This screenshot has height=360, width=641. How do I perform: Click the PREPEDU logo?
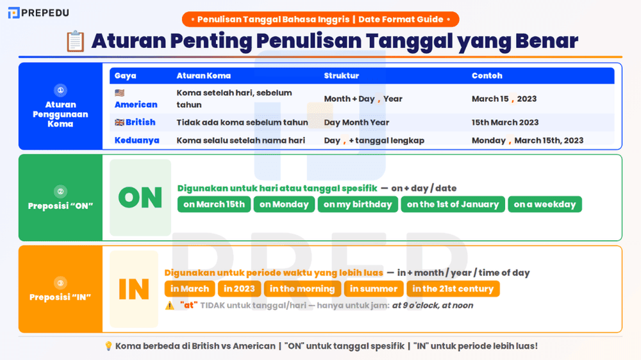point(38,12)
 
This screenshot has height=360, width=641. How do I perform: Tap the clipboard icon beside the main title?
point(75,42)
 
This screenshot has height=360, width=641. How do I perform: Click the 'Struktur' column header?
point(341,76)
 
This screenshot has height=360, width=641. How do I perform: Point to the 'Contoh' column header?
point(487,76)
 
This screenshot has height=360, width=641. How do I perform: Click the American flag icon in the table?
point(119,93)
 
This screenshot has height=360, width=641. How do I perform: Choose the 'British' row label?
point(135,122)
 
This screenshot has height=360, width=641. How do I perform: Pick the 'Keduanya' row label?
point(137,140)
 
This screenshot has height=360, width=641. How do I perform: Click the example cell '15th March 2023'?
point(505,122)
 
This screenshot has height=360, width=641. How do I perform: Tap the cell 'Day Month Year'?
point(356,122)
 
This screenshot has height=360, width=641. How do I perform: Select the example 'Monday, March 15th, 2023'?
point(528,140)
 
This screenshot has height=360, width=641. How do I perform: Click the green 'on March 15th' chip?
point(214,204)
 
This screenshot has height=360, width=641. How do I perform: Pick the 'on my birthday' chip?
point(358,204)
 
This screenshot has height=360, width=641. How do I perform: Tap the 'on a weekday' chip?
point(545,204)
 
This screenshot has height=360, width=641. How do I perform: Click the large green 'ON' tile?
point(140,197)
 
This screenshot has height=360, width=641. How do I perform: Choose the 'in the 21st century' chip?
point(453,289)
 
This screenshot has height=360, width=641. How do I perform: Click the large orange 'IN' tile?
point(134,289)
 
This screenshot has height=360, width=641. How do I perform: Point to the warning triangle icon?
point(169,306)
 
